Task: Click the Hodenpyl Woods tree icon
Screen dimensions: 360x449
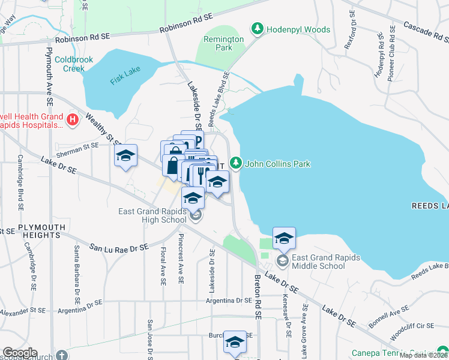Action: pyautogui.click(x=258, y=29)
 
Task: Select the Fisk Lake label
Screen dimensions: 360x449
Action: pyautogui.click(x=125, y=77)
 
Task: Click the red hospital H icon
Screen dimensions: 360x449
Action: pyautogui.click(x=73, y=120)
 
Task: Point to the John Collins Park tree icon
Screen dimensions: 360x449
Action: pyautogui.click(x=237, y=163)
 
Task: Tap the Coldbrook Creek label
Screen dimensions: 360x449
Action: pyautogui.click(x=70, y=64)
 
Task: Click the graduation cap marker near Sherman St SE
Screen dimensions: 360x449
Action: pyautogui.click(x=126, y=156)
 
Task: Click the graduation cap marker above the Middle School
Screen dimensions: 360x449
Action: pyautogui.click(x=284, y=238)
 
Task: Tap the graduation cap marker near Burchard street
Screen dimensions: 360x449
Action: pyautogui.click(x=235, y=341)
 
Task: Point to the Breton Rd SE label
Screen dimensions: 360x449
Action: pyautogui.click(x=258, y=296)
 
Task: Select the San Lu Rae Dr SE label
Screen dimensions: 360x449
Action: pyautogui.click(x=118, y=247)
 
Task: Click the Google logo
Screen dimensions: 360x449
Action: pyautogui.click(x=19, y=353)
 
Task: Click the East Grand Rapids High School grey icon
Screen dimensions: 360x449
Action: pyautogui.click(x=195, y=216)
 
